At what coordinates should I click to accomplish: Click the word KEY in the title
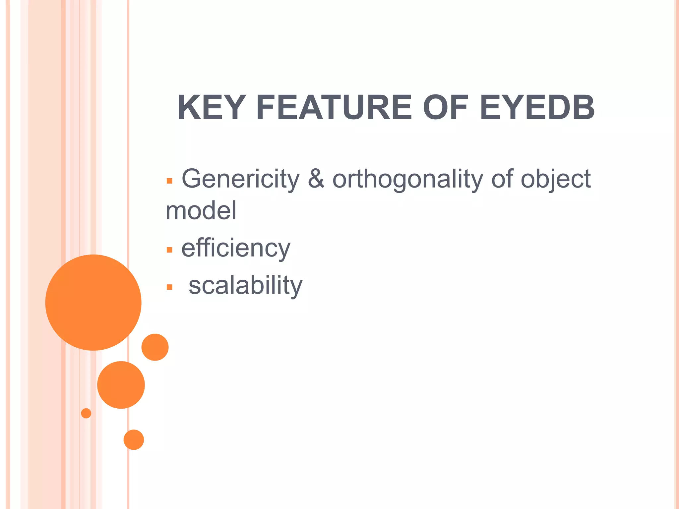coord(211,107)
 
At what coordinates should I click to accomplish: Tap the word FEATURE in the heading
coord(334,107)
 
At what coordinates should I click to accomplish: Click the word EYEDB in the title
coord(537,107)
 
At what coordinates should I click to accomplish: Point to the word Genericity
coord(240,179)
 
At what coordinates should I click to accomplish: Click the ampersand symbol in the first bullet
coord(316,179)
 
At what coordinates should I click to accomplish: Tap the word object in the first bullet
coord(556,179)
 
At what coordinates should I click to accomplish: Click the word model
coord(201,211)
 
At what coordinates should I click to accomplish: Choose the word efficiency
coord(236,249)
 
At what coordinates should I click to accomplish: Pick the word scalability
coord(245,285)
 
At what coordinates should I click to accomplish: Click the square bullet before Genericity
coord(169,181)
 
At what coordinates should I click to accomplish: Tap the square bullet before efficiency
coord(169,250)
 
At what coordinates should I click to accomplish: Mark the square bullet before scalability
coord(169,287)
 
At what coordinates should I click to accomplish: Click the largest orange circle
coord(93,302)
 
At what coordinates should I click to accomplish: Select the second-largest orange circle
coord(121,385)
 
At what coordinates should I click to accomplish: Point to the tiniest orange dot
coord(86,413)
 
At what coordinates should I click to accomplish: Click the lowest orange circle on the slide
coord(134,440)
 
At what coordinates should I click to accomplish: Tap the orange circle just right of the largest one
coord(155,347)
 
